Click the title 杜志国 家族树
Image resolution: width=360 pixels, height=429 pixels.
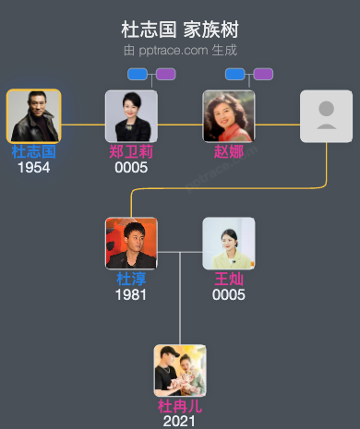tap(179, 30)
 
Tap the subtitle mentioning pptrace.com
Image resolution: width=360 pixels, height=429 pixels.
tap(179, 50)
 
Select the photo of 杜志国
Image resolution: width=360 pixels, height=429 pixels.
tap(33, 115)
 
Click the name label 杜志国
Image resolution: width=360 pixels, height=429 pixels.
tap(33, 151)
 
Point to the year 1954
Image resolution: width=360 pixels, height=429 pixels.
tap(33, 167)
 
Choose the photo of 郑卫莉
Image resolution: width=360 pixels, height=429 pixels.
tap(131, 115)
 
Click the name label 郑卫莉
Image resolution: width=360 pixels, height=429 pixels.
tap(131, 151)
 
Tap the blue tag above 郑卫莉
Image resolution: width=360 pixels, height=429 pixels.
tap(138, 74)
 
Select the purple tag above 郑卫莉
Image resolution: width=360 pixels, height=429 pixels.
tap(165, 74)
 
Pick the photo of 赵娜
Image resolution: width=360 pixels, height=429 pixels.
tap(229, 115)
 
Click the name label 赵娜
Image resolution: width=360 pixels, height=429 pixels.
tap(229, 151)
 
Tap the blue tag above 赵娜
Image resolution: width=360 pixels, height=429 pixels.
tap(235, 74)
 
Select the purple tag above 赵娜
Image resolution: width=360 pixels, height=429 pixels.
tap(263, 74)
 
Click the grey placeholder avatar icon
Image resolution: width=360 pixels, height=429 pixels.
tap(326, 115)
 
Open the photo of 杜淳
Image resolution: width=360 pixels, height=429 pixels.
tap(131, 243)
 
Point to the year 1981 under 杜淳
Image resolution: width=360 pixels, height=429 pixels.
tap(131, 294)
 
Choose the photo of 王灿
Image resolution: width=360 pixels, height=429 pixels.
tap(229, 243)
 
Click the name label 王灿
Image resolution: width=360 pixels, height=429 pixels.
tap(229, 279)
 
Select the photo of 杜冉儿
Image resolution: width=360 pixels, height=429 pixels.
tap(180, 370)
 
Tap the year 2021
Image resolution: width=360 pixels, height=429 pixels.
tap(180, 421)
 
